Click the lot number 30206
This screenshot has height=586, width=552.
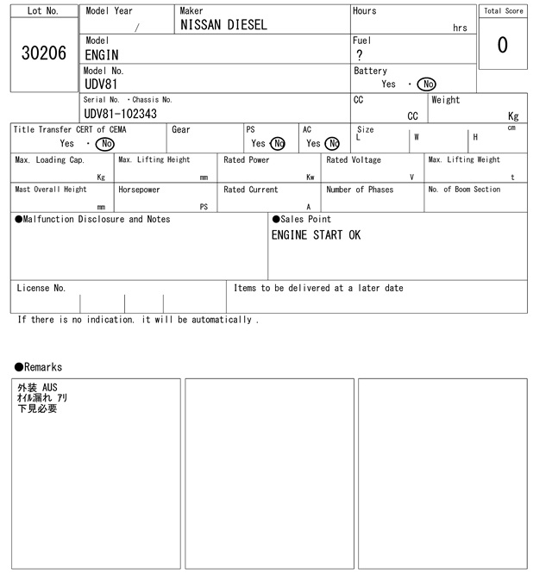point(43,54)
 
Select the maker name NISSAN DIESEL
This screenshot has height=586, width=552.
point(223,26)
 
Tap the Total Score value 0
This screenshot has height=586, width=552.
point(502,45)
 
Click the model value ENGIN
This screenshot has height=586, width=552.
point(102,55)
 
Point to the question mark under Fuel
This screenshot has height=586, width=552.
point(360,55)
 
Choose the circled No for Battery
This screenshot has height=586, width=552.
point(426,84)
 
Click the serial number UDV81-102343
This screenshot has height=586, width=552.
point(120,114)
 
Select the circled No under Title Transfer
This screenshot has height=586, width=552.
point(104,144)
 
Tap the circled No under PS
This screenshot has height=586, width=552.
point(277,144)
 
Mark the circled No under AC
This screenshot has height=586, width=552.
point(332,144)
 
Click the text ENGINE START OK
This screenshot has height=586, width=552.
point(316,235)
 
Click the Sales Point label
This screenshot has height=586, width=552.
point(301,219)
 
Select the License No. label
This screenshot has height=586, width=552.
point(41,289)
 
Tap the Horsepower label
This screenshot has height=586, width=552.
point(139,190)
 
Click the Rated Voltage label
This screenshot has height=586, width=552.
point(354,160)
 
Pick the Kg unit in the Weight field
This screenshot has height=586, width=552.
point(513,115)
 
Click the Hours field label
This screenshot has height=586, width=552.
point(365,11)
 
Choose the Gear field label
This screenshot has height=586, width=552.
point(181,130)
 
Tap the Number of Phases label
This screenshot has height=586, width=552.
point(360,190)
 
